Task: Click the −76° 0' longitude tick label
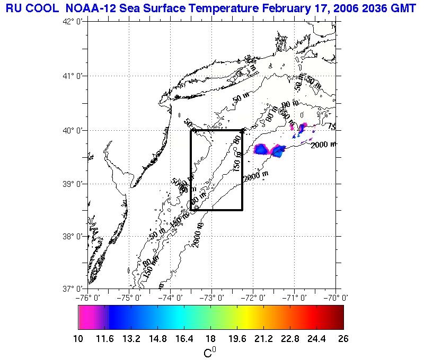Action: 88,298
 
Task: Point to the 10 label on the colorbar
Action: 78,339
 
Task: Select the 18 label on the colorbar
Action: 210,339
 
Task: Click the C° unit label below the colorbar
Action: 210,352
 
